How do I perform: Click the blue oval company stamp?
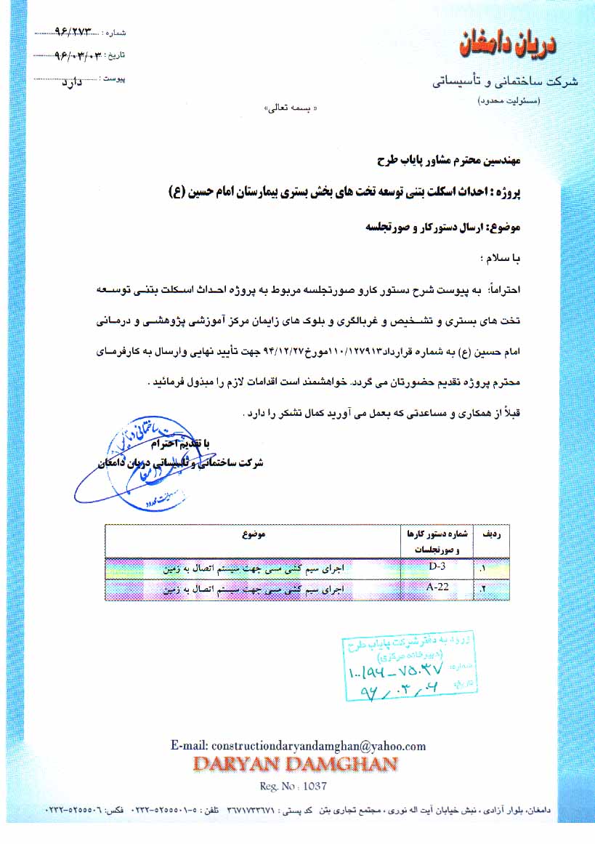pyautogui.click(x=134, y=461)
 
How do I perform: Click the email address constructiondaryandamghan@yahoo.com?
pyautogui.click(x=298, y=746)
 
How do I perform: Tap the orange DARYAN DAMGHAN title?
pyautogui.click(x=295, y=764)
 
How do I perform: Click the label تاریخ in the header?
pyautogui.click(x=116, y=55)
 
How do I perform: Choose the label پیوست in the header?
pyautogui.click(x=115, y=77)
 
